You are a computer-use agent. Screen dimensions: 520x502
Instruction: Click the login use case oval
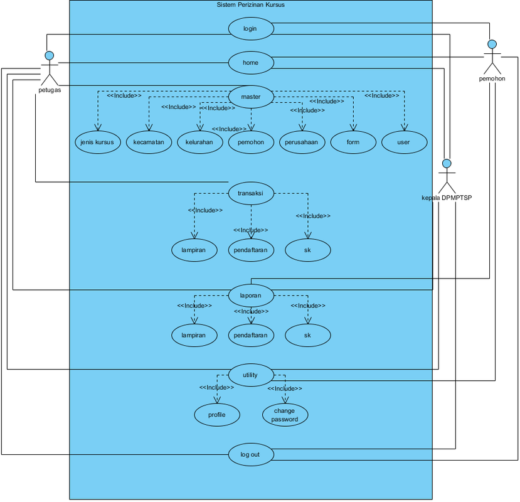251,28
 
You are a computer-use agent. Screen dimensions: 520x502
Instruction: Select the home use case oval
251,63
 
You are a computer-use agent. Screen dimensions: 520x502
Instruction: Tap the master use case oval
251,97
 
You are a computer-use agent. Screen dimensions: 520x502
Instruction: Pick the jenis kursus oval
98,142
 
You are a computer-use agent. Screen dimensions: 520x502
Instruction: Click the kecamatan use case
149,142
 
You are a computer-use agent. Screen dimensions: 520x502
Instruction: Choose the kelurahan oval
200,142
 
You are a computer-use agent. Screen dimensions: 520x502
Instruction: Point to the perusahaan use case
302,142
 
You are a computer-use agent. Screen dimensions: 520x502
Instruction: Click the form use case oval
353,142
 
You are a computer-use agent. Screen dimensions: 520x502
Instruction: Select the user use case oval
404,142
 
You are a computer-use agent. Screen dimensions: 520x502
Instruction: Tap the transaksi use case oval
251,193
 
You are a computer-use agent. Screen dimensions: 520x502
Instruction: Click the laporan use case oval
251,296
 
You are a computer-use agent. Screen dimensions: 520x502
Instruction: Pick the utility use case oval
251,375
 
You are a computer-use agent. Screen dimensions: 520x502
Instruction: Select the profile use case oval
217,415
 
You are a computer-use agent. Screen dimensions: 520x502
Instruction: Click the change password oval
285,415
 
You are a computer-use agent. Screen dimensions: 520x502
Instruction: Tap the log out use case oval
251,454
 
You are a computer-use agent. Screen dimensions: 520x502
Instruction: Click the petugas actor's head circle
50,55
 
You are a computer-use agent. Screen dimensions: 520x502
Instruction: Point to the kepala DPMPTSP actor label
447,198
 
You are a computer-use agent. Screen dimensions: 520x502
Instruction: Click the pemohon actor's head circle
492,44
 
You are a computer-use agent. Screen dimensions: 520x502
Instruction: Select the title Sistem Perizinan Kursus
251,4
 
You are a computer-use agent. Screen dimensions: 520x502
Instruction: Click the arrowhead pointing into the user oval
404,128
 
